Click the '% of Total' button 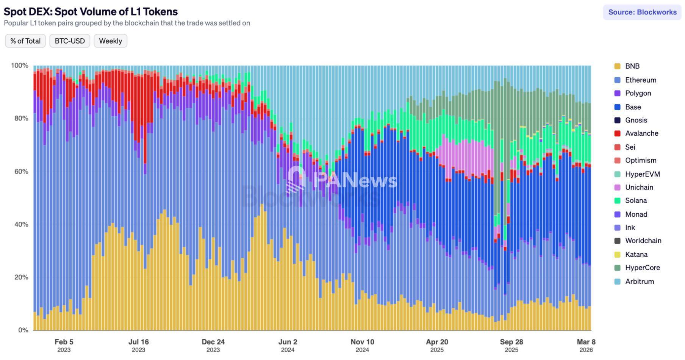point(25,41)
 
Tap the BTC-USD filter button point(70,41)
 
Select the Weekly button point(110,41)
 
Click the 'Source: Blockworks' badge point(642,12)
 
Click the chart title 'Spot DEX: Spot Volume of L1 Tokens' point(91,11)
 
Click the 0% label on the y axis point(23,330)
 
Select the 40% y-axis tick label point(21,224)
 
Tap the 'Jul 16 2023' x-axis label point(138,345)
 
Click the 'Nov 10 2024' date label point(362,345)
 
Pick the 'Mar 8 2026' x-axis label point(586,345)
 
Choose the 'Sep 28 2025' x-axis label point(511,345)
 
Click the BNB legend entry point(632,66)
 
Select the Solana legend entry point(636,200)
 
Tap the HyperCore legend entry point(642,268)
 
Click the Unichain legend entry point(639,187)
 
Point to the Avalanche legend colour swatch point(617,133)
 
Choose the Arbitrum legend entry point(639,281)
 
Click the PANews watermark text point(355,180)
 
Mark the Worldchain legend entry point(643,241)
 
